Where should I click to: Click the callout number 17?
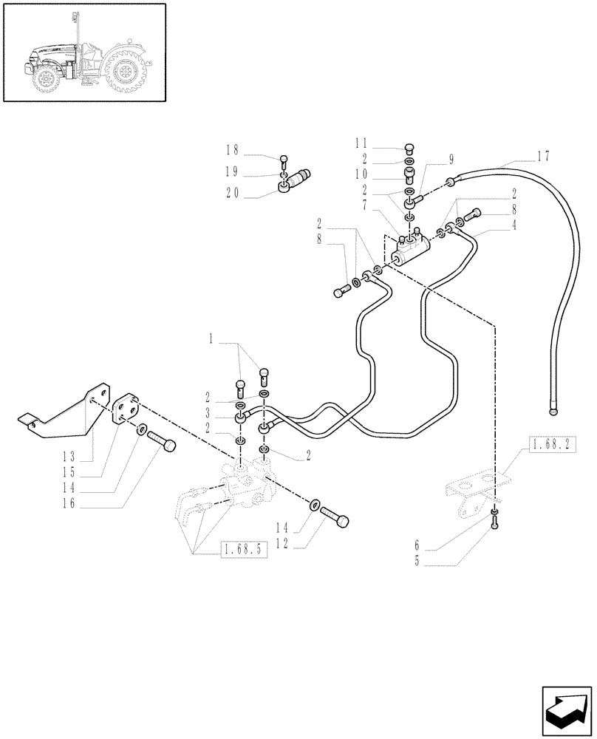544,157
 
